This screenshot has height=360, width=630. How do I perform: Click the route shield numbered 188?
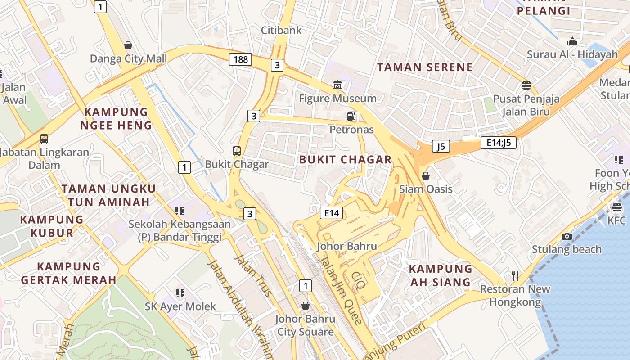click(240, 59)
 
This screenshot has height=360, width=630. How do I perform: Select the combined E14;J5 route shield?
click(498, 143)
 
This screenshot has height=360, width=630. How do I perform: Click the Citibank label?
click(282, 30)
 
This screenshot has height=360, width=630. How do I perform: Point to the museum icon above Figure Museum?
click(337, 85)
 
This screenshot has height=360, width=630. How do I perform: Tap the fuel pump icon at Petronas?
click(351, 117)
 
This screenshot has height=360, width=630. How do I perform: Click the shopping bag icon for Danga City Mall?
click(128, 45)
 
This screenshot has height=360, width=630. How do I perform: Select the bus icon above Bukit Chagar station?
click(237, 151)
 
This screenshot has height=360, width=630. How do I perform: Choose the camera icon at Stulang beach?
click(567, 236)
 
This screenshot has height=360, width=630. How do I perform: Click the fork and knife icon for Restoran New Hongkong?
click(515, 275)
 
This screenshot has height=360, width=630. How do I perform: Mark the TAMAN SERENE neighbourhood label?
click(425, 67)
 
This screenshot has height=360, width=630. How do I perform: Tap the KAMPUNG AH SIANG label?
click(441, 275)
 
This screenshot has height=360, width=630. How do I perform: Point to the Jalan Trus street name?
click(253, 275)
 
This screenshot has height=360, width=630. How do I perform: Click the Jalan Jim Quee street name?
click(340, 290)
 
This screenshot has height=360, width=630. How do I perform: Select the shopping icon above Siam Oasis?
click(426, 175)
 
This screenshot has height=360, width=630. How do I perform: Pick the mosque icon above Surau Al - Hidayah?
click(572, 41)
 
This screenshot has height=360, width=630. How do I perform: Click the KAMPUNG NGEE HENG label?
click(116, 118)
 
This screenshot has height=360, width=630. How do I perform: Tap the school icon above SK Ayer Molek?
click(180, 293)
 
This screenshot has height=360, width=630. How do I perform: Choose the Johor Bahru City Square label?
click(306, 325)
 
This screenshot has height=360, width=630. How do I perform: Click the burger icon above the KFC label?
click(616, 207)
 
